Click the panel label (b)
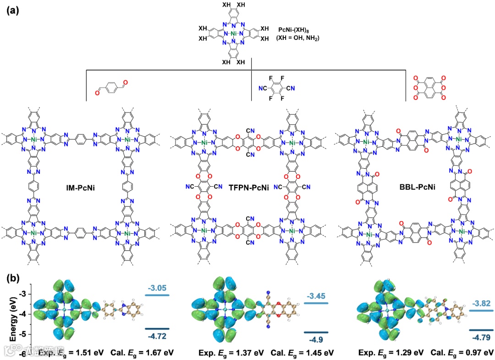click(x=12, y=279)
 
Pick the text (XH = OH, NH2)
click(x=298, y=39)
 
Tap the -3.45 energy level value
click(x=316, y=296)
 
